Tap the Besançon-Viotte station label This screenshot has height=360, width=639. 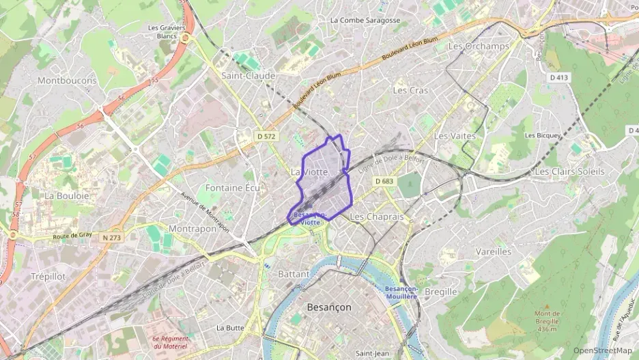point(309,219)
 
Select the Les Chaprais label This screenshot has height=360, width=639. point(377,217)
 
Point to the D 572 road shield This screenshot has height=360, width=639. point(266,137)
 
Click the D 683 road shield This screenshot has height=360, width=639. point(385,181)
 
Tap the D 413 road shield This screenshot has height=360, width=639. point(558,78)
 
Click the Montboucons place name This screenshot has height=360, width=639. point(67,81)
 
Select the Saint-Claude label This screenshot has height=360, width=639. point(248,76)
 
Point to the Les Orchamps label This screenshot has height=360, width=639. point(479,46)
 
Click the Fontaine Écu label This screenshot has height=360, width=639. point(233,187)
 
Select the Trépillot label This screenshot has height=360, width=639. point(48,277)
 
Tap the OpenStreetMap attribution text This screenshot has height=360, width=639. point(602,350)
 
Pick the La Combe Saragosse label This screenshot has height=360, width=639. point(365,20)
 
